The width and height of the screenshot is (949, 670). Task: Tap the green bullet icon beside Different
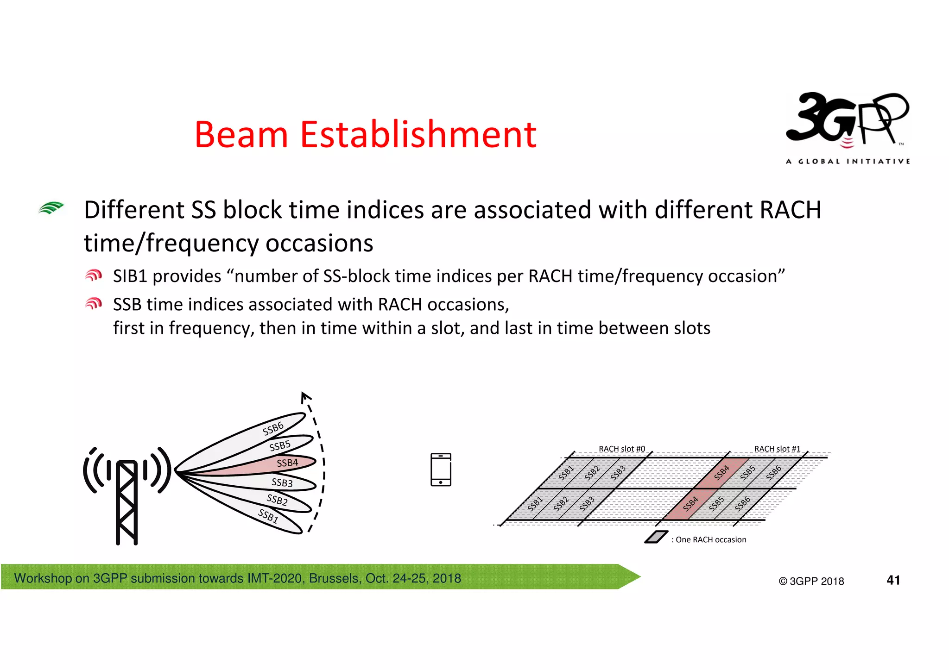(x=51, y=208)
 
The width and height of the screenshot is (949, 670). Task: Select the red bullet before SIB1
(x=93, y=276)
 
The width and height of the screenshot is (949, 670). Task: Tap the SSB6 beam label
(x=273, y=428)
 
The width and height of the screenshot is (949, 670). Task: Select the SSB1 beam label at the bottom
(x=268, y=515)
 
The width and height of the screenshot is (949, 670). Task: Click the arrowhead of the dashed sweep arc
(x=305, y=397)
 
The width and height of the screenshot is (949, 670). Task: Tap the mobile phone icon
(x=441, y=470)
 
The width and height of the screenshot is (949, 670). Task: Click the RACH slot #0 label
(x=621, y=449)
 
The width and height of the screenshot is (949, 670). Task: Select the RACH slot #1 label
(x=777, y=449)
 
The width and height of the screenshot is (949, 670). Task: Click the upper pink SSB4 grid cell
(x=721, y=473)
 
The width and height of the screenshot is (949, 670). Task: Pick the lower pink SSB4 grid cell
(x=690, y=504)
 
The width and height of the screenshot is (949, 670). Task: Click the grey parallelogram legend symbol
(x=656, y=537)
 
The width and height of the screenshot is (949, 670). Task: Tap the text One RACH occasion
(x=711, y=539)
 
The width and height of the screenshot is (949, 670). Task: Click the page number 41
(x=893, y=580)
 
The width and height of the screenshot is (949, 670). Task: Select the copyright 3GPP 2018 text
(x=811, y=581)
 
